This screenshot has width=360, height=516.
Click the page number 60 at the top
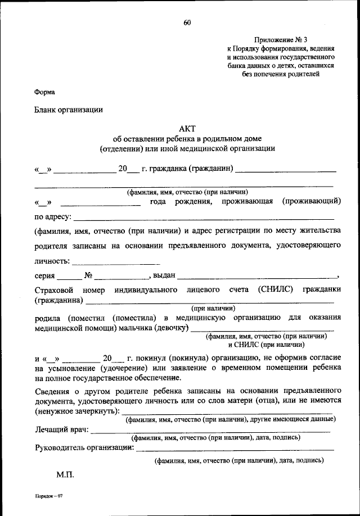(x=187, y=23)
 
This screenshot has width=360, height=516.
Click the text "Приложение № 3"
(x=280, y=40)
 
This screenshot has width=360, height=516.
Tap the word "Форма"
(x=44, y=92)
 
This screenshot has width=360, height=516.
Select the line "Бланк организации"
(x=69, y=110)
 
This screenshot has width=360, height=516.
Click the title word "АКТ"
(x=187, y=128)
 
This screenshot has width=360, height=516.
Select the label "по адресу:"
(x=52, y=216)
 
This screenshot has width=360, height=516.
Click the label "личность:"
(x=52, y=261)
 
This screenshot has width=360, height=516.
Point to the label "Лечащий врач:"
(x=61, y=430)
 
